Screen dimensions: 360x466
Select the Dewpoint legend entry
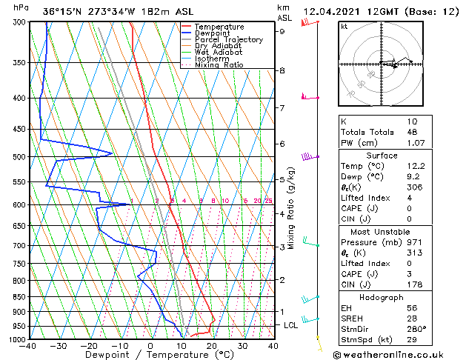pos(212,33)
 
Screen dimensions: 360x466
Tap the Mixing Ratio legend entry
pos(219,65)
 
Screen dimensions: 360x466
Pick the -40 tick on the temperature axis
pos(29,346)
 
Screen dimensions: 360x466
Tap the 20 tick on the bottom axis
pos(211,346)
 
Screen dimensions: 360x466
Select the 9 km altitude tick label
pos(282,31)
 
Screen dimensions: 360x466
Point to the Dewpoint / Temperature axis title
pos(150,356)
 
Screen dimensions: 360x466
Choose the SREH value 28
pos(411,319)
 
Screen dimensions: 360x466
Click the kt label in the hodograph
pos(344,27)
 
